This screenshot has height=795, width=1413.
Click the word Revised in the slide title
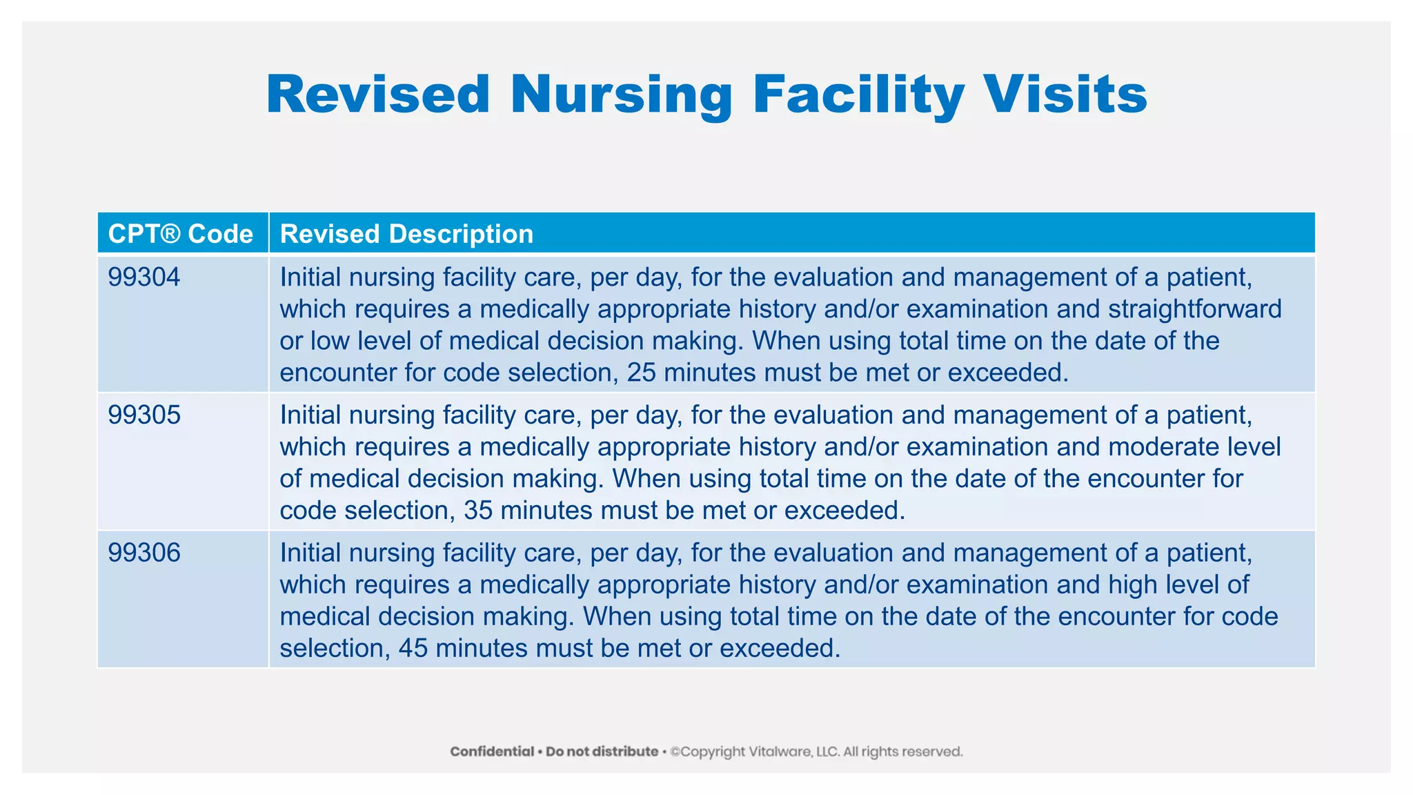[x=378, y=95]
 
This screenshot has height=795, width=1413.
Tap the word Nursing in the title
[x=621, y=95]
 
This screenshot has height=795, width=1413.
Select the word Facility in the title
[x=858, y=95]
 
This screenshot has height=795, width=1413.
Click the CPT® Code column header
[x=181, y=234]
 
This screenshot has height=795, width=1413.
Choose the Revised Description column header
[x=406, y=234]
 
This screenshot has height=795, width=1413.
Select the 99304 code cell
[x=144, y=277]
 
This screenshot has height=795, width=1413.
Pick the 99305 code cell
[x=144, y=415]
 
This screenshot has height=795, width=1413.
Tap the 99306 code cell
[x=144, y=553]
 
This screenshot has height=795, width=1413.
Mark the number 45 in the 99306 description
[x=413, y=648]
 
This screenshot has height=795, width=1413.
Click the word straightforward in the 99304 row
[x=1195, y=309]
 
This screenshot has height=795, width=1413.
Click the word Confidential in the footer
[x=492, y=752]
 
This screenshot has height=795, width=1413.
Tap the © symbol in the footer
[x=675, y=752]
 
